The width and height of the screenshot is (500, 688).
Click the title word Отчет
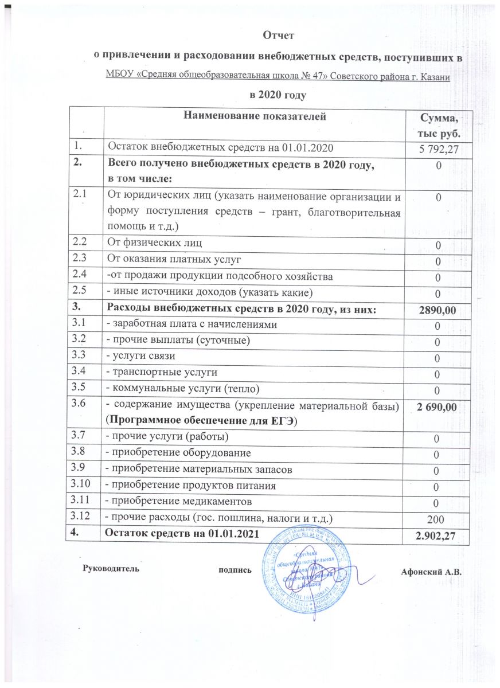pos(278,36)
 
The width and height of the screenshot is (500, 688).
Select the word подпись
pos(235,570)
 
